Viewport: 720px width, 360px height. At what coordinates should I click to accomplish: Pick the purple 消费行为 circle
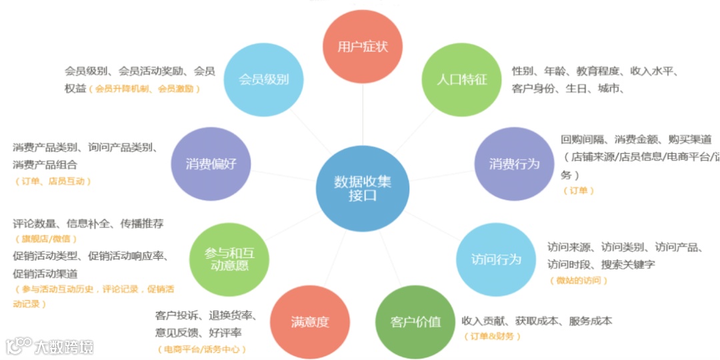coord(514,163)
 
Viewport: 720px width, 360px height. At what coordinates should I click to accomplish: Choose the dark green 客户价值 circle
coord(415,322)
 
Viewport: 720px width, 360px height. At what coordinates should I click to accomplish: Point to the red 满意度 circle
coord(309,322)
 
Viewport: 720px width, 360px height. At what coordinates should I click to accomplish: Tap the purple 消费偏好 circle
coord(211,163)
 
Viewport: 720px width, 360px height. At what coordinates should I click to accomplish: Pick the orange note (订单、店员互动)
coord(53,181)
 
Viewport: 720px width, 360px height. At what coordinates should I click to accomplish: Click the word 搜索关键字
coord(628,264)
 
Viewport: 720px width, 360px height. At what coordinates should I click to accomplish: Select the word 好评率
coord(226,332)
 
